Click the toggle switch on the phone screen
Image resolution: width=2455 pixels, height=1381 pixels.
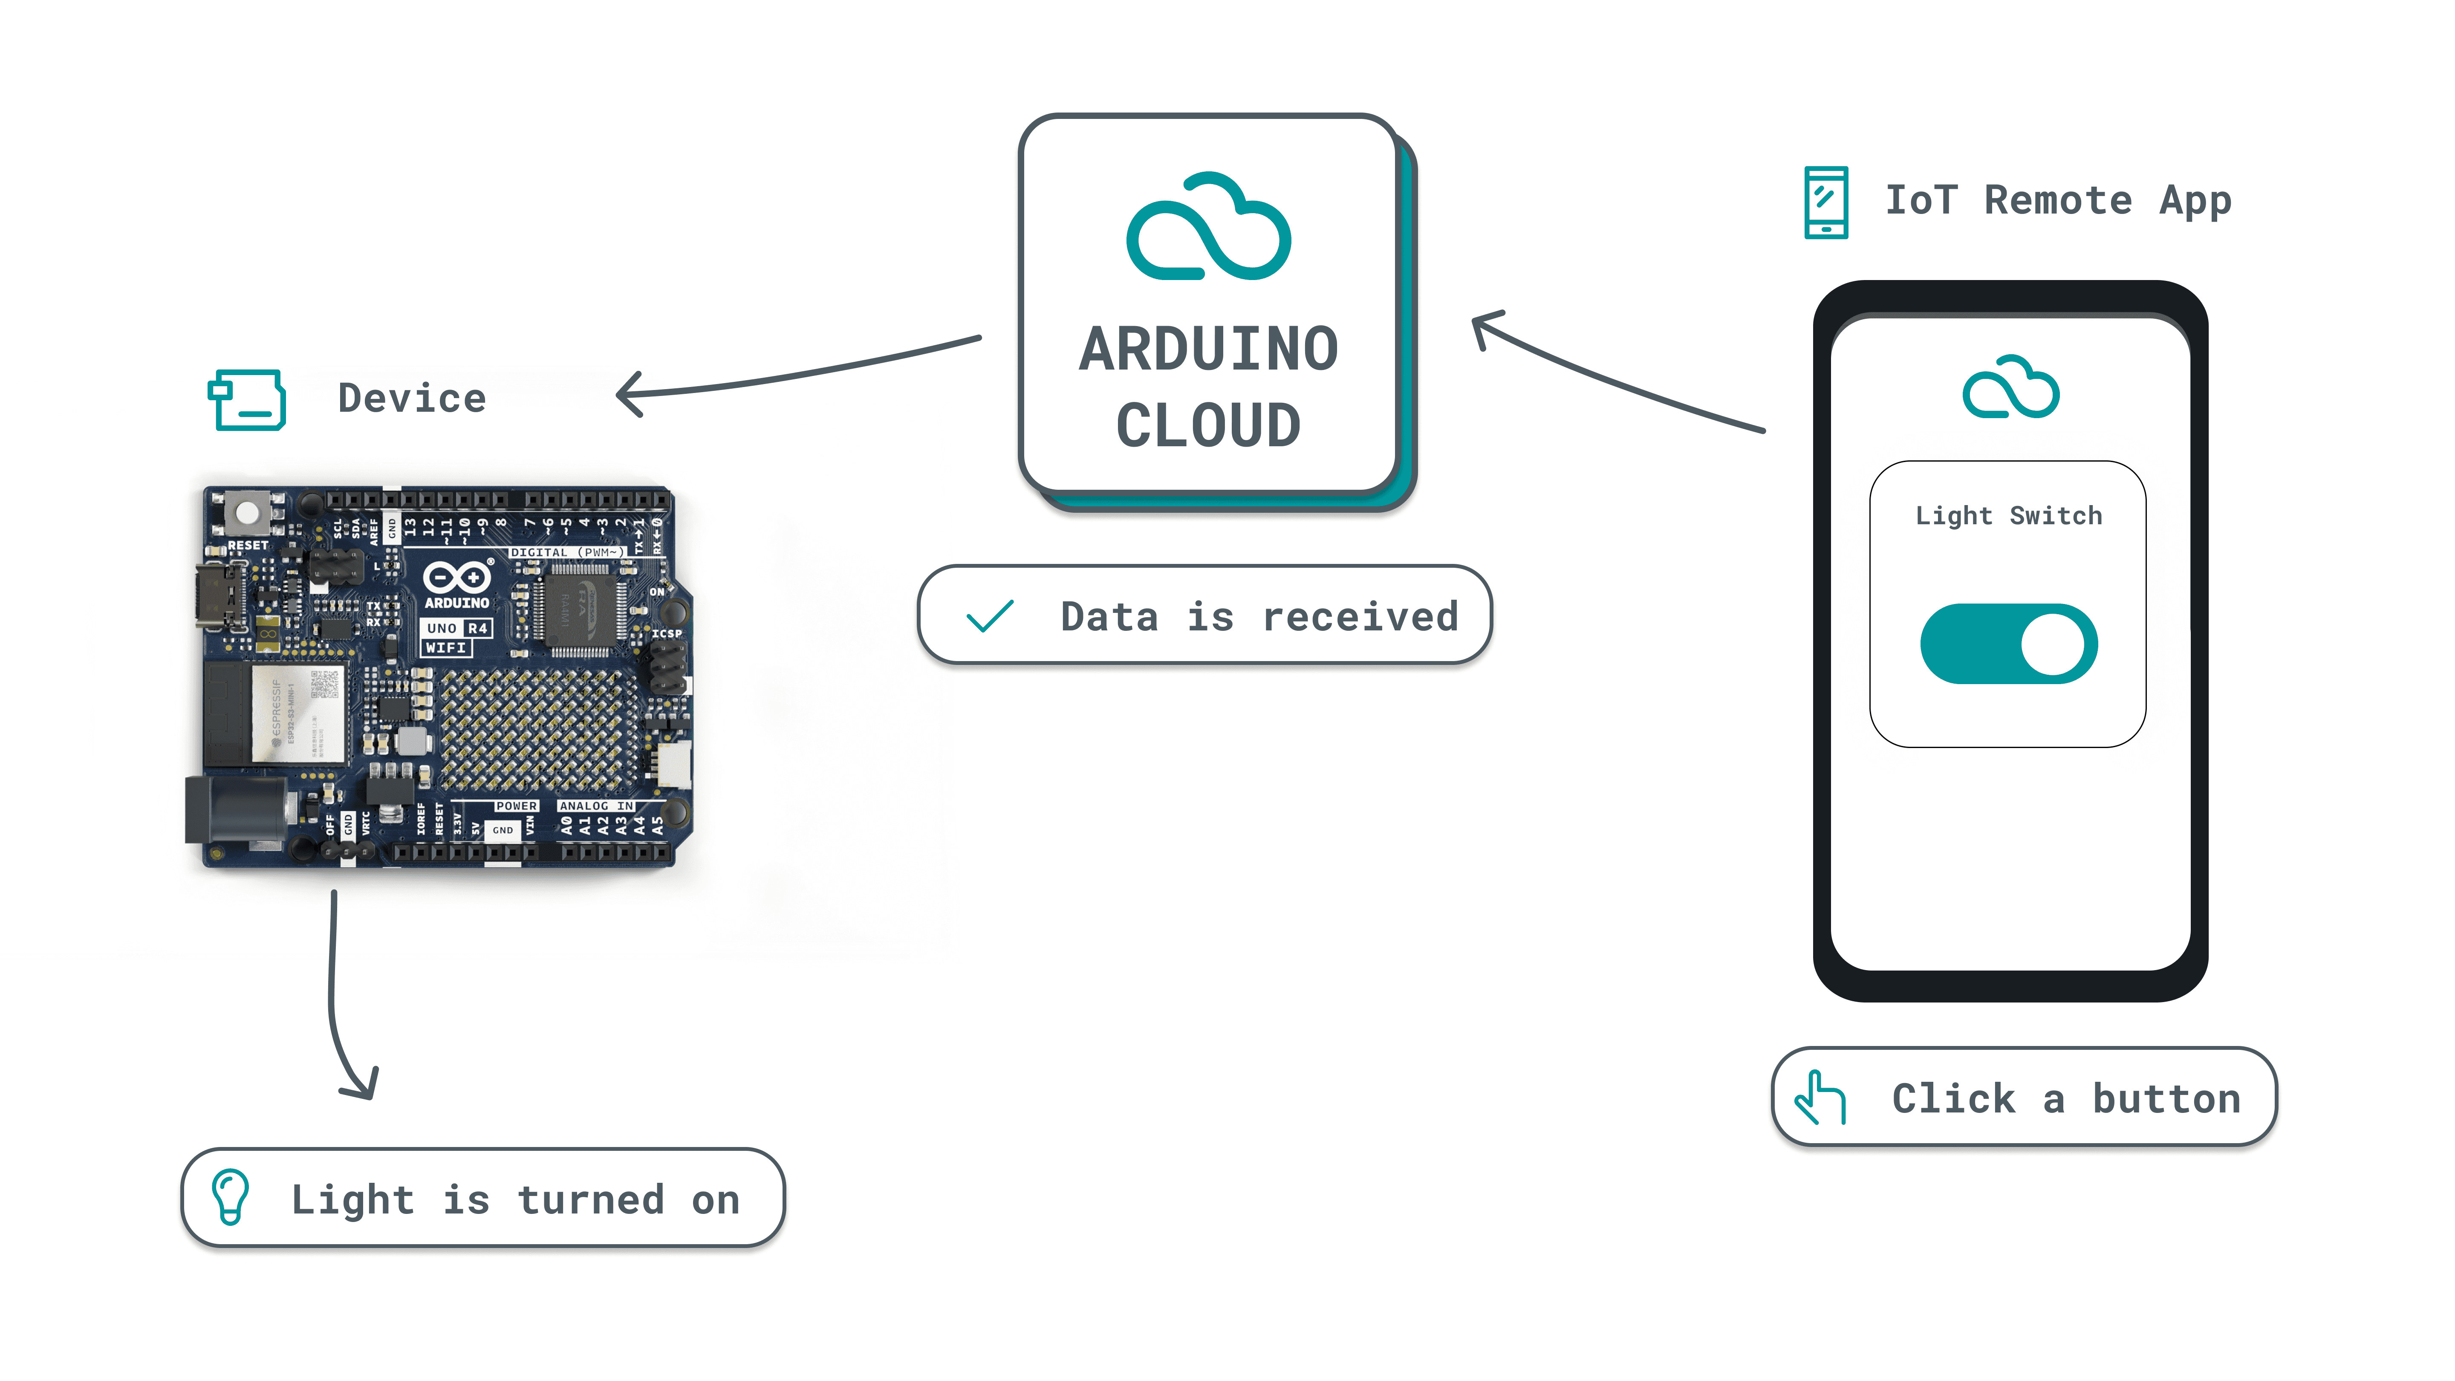(2008, 643)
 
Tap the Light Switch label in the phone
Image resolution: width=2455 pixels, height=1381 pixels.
(2008, 516)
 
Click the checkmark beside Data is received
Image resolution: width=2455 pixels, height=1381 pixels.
(989, 617)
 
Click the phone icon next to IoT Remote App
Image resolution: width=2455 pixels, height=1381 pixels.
(1825, 202)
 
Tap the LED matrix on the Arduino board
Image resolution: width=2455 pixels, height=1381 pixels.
(538, 729)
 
